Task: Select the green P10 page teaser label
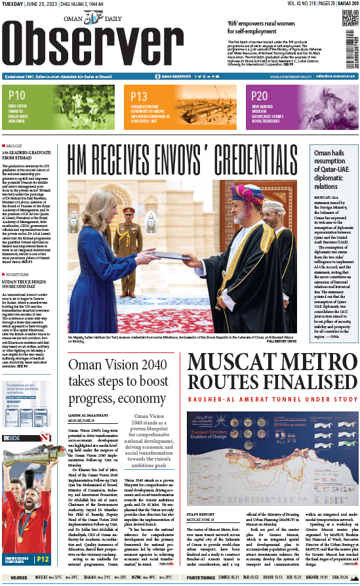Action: [16, 96]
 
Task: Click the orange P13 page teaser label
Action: [139, 96]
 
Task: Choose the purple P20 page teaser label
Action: [260, 96]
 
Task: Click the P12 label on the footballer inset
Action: [42, 560]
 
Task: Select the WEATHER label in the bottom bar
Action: [19, 578]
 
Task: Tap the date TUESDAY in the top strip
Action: [14, 4]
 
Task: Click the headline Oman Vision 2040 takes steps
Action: [118, 381]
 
